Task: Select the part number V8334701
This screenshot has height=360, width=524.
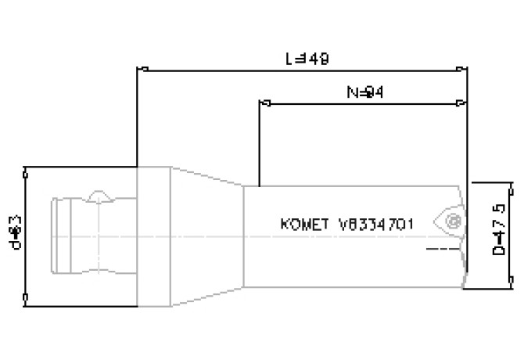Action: (x=376, y=224)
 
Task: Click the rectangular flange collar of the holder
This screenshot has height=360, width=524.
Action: (x=154, y=235)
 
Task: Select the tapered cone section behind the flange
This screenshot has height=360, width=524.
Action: (x=207, y=235)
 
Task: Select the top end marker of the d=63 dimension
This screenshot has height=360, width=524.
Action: (x=27, y=167)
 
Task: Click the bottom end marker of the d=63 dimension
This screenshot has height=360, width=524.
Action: (x=27, y=297)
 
